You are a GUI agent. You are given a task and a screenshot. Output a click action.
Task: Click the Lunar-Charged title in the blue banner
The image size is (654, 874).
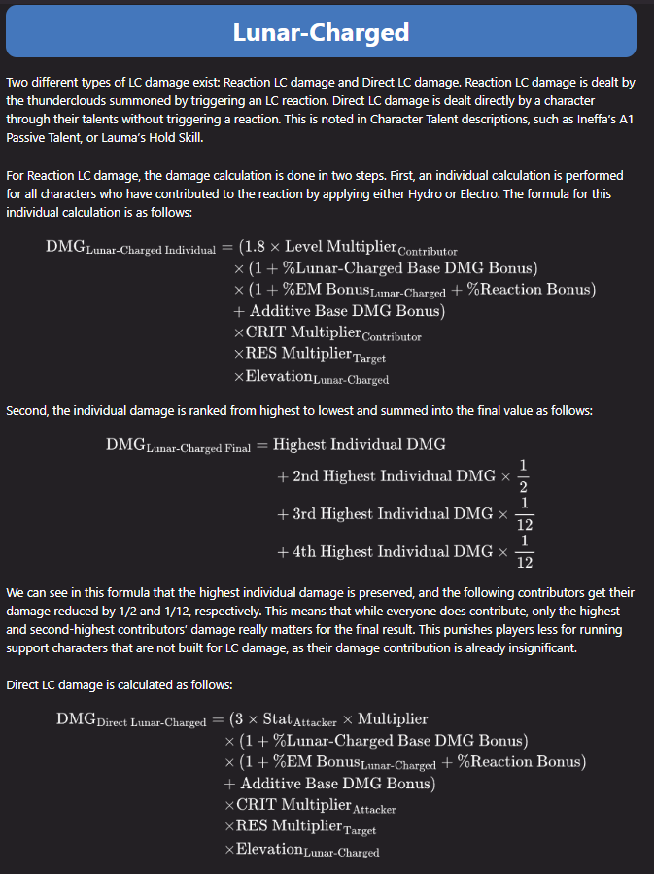(x=321, y=32)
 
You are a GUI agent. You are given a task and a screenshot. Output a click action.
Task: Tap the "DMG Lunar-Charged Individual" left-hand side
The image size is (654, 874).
(x=130, y=248)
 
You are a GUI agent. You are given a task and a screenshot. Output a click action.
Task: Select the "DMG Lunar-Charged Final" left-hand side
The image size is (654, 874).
(x=178, y=446)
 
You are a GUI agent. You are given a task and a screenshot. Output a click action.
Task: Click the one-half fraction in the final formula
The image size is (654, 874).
(x=524, y=476)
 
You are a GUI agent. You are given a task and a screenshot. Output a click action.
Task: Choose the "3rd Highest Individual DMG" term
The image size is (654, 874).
(x=393, y=513)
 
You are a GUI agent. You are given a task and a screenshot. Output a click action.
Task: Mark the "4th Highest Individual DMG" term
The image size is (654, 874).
(x=393, y=551)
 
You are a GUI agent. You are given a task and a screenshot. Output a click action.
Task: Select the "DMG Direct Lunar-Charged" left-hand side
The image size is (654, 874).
(x=131, y=720)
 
